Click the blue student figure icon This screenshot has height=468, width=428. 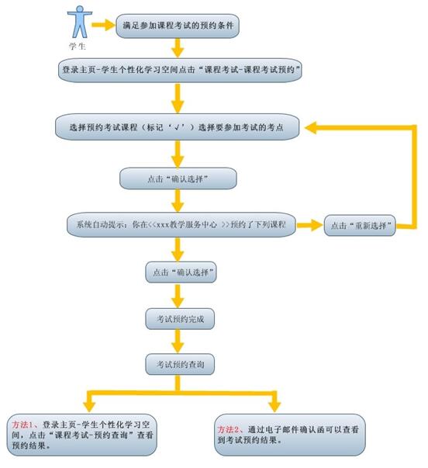(x=80, y=22)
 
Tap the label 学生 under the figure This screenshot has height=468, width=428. (x=78, y=47)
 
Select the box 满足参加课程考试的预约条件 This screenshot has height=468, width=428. (x=178, y=26)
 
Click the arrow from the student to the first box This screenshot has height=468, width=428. (x=103, y=25)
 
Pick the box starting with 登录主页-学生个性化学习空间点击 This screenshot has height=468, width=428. (x=180, y=70)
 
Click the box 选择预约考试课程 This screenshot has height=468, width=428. (x=177, y=127)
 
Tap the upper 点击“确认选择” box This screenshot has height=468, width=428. (x=178, y=179)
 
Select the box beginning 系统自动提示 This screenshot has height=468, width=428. (x=181, y=224)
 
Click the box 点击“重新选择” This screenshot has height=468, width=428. (x=360, y=225)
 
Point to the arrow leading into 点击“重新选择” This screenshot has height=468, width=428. (x=309, y=225)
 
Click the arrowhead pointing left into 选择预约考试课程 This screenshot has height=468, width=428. (x=310, y=128)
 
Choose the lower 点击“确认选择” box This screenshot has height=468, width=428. (x=181, y=272)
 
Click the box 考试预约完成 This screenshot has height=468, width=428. (x=180, y=319)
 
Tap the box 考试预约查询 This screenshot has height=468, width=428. (x=180, y=364)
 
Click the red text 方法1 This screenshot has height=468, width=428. (x=22, y=425)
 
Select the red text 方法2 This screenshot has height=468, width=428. (x=228, y=430)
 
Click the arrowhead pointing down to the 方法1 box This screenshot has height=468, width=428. (x=89, y=407)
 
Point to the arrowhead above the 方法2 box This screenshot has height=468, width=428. (x=274, y=407)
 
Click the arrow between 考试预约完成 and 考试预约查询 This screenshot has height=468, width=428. (x=178, y=341)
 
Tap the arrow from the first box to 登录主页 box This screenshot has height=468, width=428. (x=178, y=48)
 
